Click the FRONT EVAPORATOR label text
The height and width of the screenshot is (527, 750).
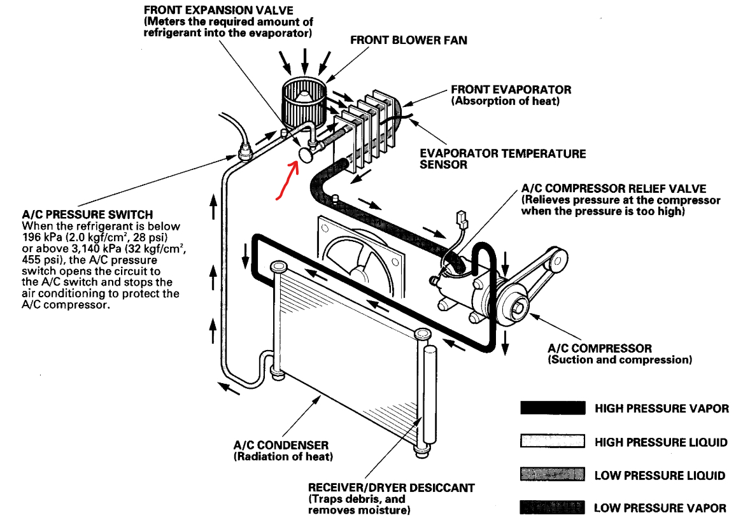click(511, 90)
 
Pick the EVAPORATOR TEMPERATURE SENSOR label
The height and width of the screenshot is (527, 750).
click(502, 159)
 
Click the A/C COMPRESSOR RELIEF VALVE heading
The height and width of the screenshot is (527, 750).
click(613, 189)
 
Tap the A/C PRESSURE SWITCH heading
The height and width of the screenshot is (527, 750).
click(87, 215)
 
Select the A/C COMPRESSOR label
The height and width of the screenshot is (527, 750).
click(599, 349)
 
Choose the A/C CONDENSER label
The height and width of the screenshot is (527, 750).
click(281, 446)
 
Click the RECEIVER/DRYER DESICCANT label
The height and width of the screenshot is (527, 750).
click(391, 488)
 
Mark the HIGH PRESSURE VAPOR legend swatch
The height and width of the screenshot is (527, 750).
click(552, 408)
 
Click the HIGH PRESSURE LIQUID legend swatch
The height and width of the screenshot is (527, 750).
click(552, 442)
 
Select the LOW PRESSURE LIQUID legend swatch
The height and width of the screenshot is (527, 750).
click(552, 475)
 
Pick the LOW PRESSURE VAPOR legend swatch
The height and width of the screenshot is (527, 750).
click(552, 507)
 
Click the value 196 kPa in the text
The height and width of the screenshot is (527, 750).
click(42, 237)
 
